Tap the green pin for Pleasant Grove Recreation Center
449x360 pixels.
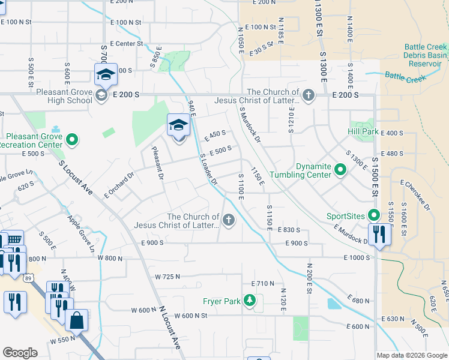tap(72, 140)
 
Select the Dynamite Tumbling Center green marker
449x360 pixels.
tap(340, 170)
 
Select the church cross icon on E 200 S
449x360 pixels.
tap(308, 95)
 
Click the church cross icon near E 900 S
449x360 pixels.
tap(228, 221)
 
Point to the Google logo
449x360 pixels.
tap(20, 353)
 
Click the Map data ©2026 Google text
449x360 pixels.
tap(412, 355)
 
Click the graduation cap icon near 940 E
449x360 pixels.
tap(178, 125)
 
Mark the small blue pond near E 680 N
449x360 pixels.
tap(334, 304)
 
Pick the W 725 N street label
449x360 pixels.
tap(168, 277)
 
